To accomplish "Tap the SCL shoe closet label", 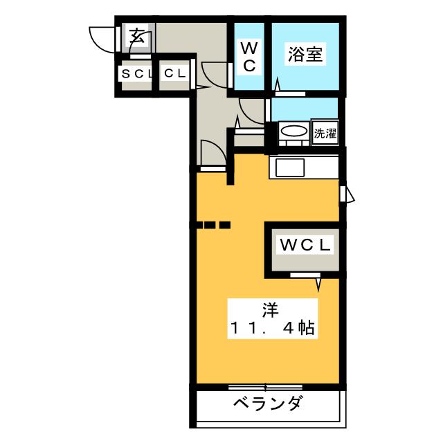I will pyautogui.click(x=136, y=73).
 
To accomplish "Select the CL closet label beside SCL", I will pyautogui.click(x=174, y=73).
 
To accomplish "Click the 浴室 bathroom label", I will pyautogui.click(x=305, y=55).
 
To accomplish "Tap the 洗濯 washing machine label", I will pyautogui.click(x=325, y=133).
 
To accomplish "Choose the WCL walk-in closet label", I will pyautogui.click(x=305, y=244).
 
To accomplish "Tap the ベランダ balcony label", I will pyautogui.click(x=266, y=404).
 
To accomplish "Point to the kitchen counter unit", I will pyautogui.click(x=305, y=168).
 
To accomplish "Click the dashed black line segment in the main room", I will pyautogui.click(x=213, y=224).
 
